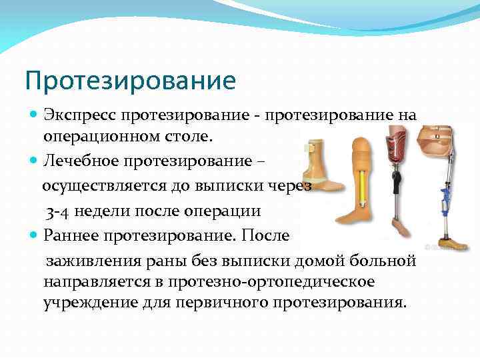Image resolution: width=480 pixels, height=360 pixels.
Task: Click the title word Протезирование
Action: [131, 81]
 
